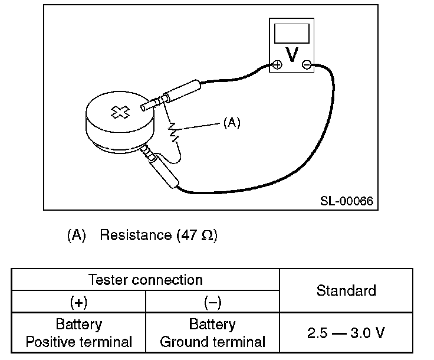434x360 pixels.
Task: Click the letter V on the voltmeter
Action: [291, 54]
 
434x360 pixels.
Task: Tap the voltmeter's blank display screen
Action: [291, 32]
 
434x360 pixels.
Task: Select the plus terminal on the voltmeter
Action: [277, 65]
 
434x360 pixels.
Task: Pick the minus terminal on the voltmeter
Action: [306, 65]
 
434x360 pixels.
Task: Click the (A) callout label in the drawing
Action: [232, 123]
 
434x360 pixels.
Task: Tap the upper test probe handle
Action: [183, 91]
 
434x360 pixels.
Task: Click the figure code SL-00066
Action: [347, 201]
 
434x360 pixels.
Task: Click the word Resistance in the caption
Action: [135, 235]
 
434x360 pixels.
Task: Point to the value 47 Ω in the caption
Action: [197, 235]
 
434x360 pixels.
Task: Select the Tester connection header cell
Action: [145, 279]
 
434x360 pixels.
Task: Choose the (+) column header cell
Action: [78, 303]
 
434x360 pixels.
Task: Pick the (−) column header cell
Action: [212, 303]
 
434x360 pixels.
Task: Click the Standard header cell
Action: [346, 290]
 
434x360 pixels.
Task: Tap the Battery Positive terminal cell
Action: [78, 333]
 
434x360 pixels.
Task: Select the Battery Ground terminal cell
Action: [212, 333]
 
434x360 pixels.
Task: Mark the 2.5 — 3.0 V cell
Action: [346, 333]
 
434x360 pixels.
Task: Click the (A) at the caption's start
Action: [77, 235]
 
